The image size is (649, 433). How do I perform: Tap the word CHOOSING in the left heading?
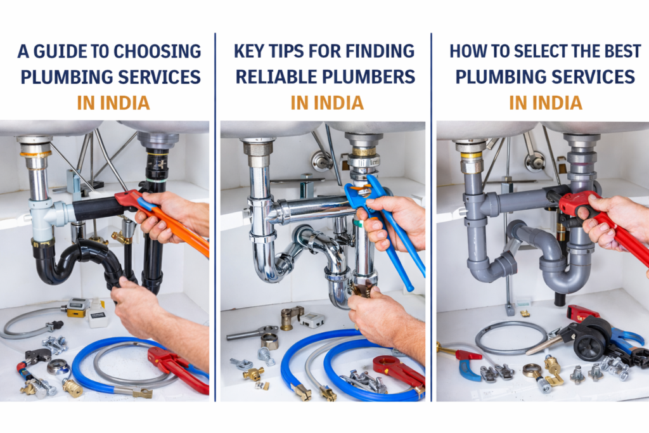click(157, 51)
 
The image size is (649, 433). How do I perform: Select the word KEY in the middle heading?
click(249, 51)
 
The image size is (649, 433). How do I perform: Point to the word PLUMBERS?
click(368, 77)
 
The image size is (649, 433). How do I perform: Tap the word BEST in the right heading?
click(622, 51)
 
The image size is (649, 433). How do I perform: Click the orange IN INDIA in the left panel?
click(113, 103)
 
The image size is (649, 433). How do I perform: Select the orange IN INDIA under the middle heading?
click(327, 103)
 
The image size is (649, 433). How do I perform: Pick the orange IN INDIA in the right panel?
click(546, 103)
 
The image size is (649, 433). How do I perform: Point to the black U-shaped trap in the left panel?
click(79, 261)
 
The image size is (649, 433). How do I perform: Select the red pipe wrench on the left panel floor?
click(177, 368)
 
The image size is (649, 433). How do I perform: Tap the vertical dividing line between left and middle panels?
click(215, 217)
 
